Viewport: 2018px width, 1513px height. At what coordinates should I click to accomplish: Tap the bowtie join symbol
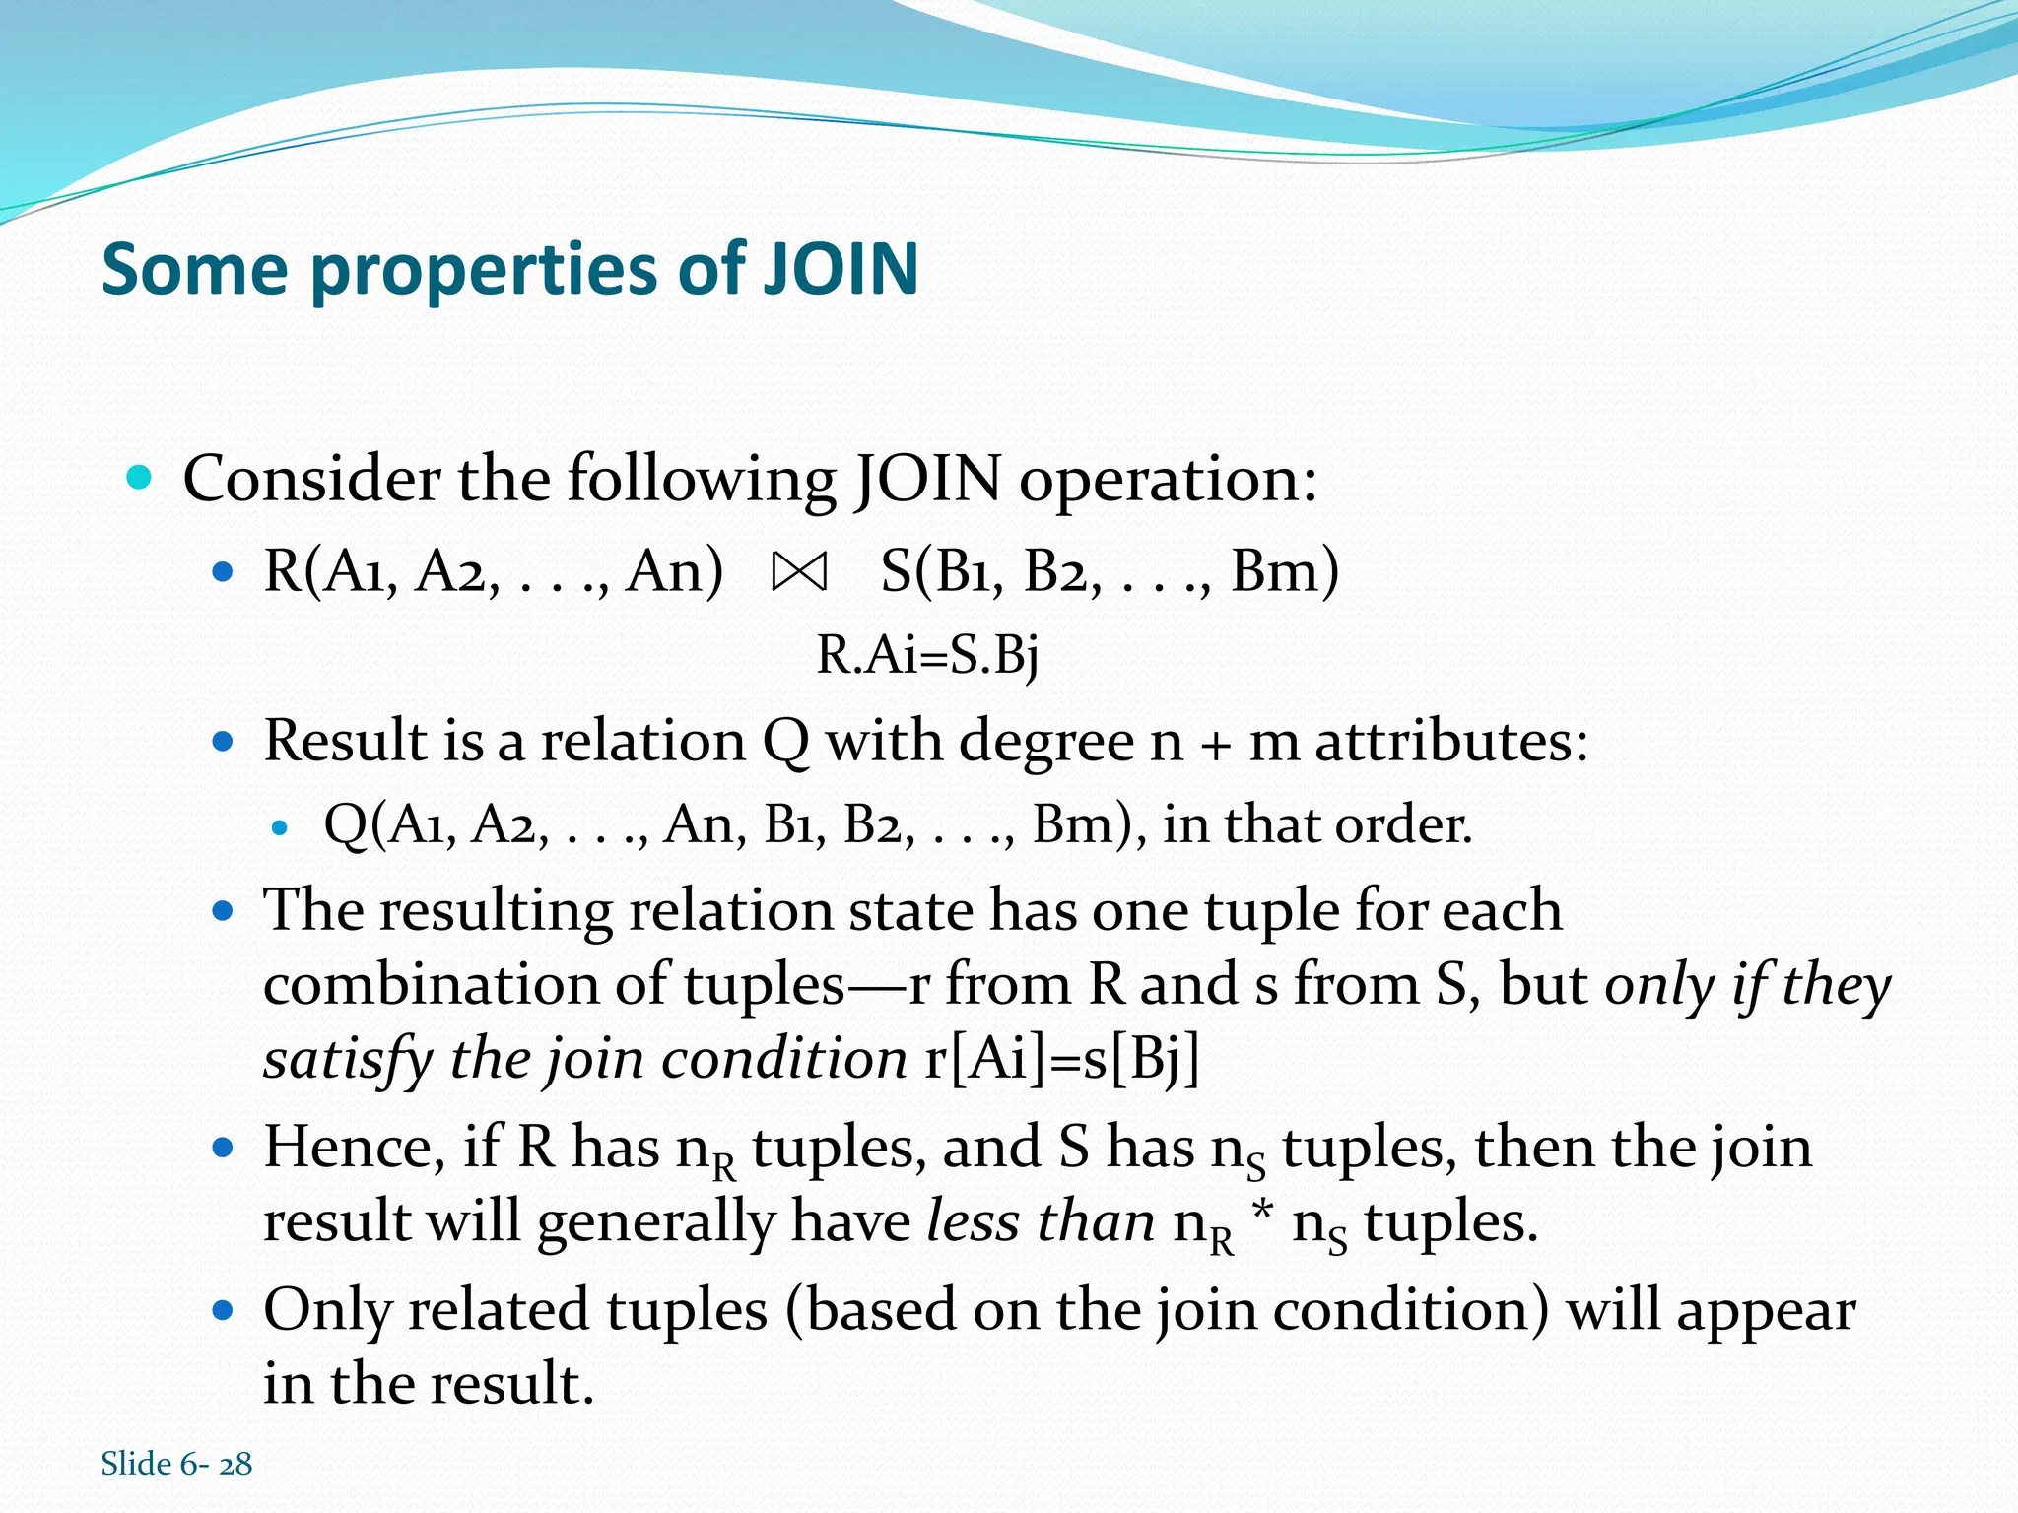799,572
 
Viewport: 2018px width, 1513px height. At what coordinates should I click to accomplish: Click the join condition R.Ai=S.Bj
927,655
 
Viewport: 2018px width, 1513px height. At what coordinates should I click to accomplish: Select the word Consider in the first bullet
311,480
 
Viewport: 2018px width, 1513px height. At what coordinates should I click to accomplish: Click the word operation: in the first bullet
1168,482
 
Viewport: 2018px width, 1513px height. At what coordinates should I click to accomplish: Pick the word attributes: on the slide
1451,741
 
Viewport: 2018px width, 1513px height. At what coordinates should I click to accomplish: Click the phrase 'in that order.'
1317,824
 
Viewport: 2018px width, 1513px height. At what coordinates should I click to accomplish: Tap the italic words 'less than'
1041,1222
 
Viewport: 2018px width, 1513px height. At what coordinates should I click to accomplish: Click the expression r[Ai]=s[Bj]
1062,1060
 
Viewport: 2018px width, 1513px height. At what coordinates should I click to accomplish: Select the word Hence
348,1148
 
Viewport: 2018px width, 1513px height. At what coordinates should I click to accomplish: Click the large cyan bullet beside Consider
140,479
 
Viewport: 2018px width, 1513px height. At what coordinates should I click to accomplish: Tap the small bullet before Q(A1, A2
281,827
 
